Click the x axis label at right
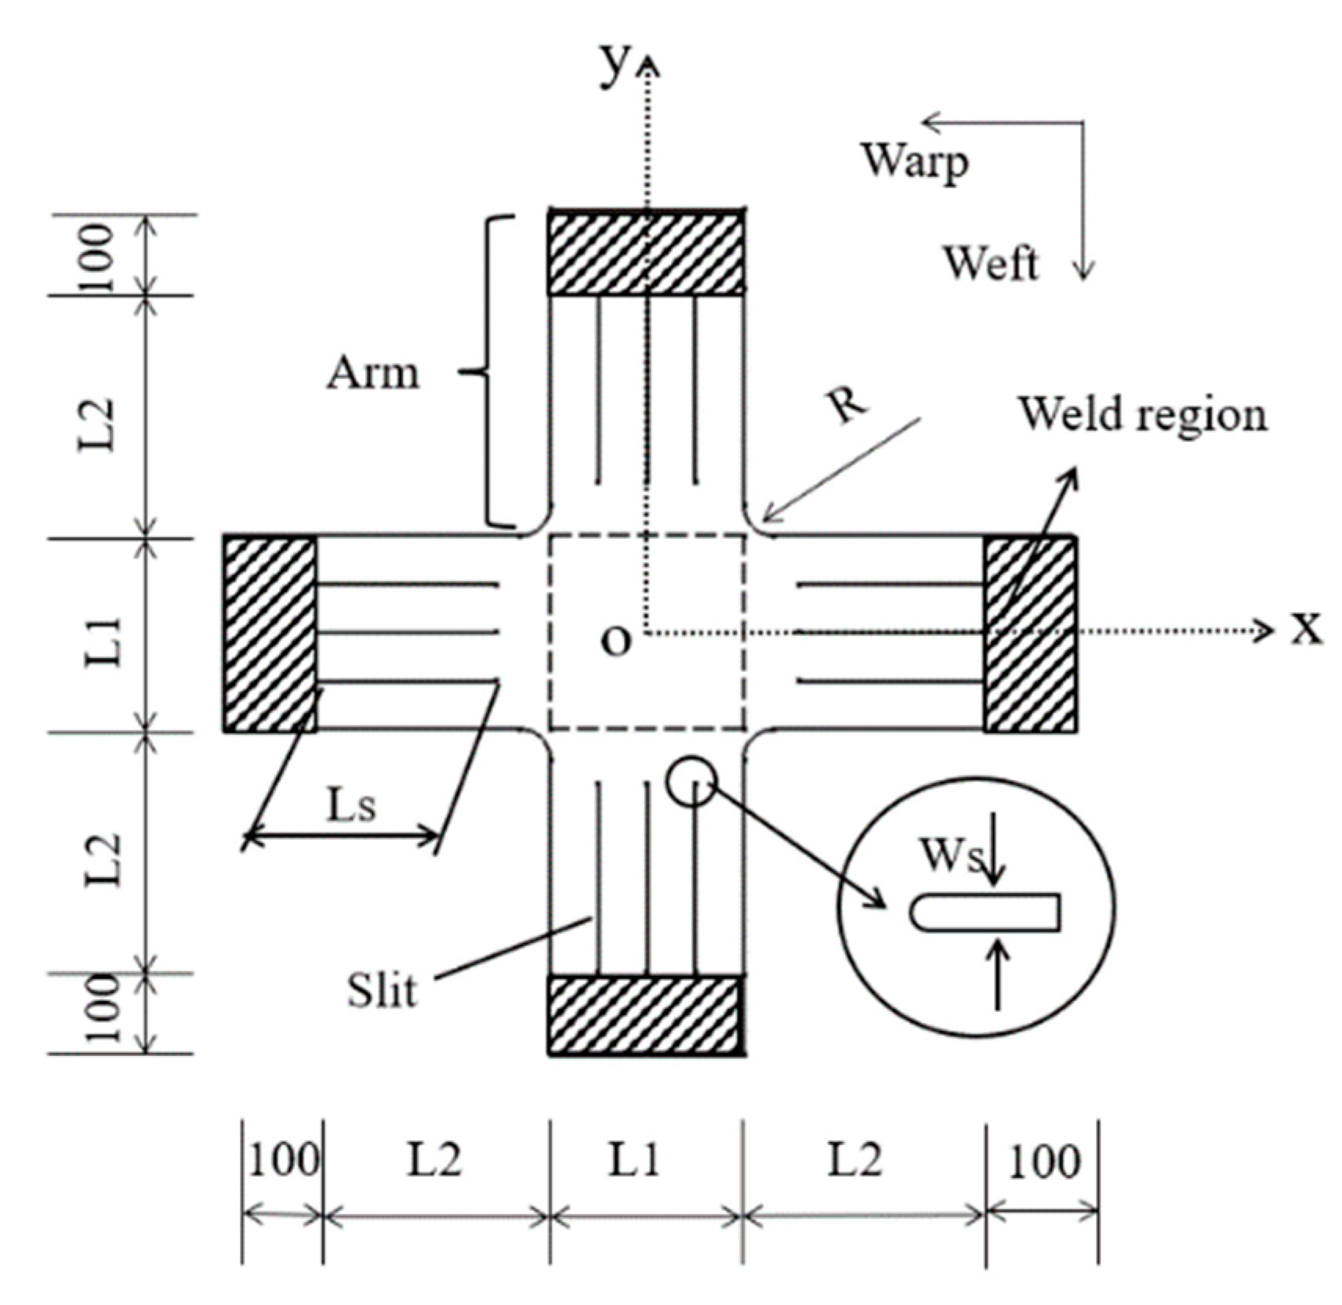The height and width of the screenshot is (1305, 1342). pyautogui.click(x=1306, y=629)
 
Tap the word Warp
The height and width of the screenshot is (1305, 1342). pyautogui.click(x=915, y=161)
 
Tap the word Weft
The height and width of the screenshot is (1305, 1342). pyautogui.click(x=990, y=263)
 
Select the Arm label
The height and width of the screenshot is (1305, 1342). pyautogui.click(x=373, y=373)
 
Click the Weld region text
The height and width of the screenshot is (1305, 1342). pyautogui.click(x=1142, y=414)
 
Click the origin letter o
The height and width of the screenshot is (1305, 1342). pyautogui.click(x=615, y=641)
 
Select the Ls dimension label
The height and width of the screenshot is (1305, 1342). pyautogui.click(x=350, y=804)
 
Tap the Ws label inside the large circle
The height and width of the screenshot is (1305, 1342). pyautogui.click(x=951, y=855)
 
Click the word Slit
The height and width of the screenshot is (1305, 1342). pyautogui.click(x=382, y=990)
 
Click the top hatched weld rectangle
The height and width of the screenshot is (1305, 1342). pyautogui.click(x=645, y=253)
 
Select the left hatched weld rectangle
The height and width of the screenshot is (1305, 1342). pyautogui.click(x=270, y=634)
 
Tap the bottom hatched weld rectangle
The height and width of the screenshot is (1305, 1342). pyautogui.click(x=644, y=1015)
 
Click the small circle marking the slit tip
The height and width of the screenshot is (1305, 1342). pyautogui.click(x=691, y=781)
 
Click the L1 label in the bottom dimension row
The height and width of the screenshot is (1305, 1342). pyautogui.click(x=635, y=1160)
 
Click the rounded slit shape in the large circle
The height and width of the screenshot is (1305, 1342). pyautogui.click(x=985, y=913)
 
